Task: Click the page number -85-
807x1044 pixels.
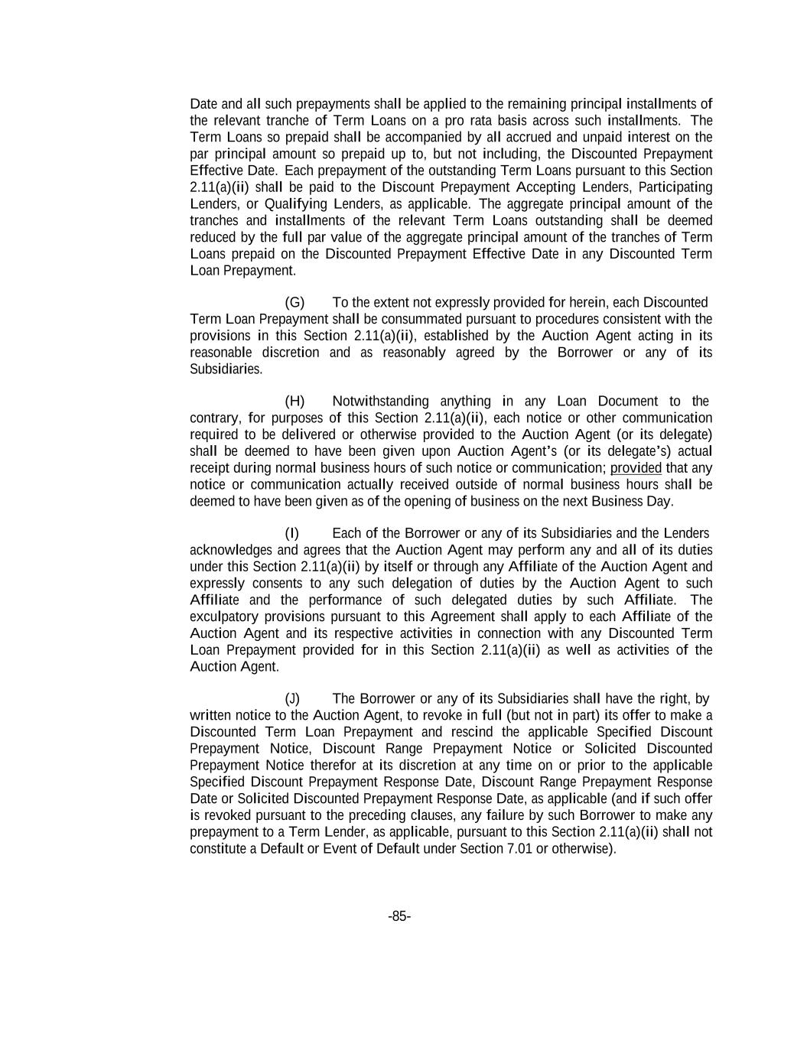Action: [399, 916]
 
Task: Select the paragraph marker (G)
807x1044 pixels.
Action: [294, 302]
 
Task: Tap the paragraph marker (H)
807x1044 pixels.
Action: [294, 402]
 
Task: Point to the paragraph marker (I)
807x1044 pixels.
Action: [291, 533]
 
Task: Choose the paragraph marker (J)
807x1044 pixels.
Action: [292, 699]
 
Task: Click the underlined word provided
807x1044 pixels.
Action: [636, 468]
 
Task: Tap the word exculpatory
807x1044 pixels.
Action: [223, 617]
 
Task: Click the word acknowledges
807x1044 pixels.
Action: [227, 550]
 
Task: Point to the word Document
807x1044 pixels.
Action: [627, 402]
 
